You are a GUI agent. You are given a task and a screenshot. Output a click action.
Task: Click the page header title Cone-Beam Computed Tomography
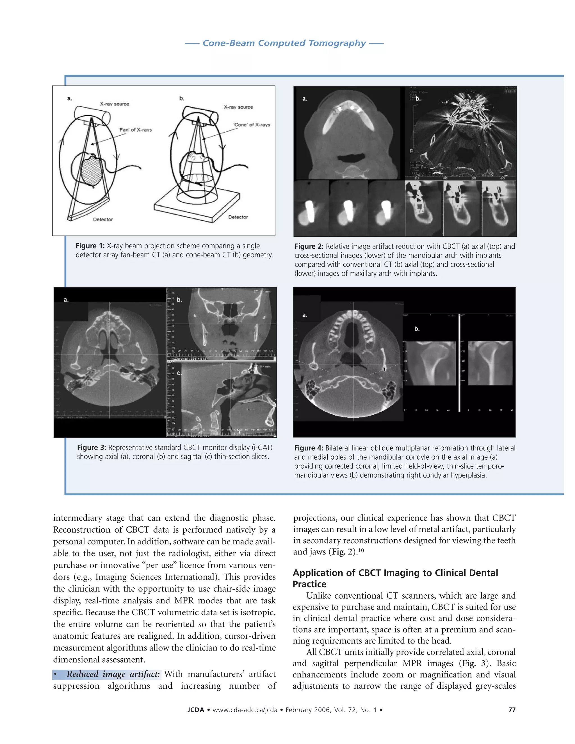pyautogui.click(x=284, y=43)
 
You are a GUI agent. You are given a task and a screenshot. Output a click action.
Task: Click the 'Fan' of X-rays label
pyautogui.click(x=135, y=130)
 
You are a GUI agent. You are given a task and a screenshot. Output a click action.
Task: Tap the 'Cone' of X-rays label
pyautogui.click(x=252, y=125)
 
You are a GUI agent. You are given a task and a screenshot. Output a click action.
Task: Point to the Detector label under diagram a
pyautogui.click(x=103, y=219)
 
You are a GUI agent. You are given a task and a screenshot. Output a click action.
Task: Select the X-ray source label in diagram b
pyautogui.click(x=238, y=107)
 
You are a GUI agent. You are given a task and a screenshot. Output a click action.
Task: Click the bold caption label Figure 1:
pyautogui.click(x=90, y=246)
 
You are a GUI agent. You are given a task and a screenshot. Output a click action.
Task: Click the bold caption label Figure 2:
pyautogui.click(x=309, y=246)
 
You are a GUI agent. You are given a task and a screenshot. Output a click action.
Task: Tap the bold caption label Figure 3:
pyautogui.click(x=91, y=448)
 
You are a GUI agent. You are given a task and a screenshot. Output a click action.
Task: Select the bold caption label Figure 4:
pyautogui.click(x=309, y=448)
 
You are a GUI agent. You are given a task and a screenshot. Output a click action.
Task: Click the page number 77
pyautogui.click(x=512, y=709)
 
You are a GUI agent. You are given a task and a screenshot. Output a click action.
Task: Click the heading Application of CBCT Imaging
pyautogui.click(x=395, y=573)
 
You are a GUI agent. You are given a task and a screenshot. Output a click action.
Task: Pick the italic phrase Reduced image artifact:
pyautogui.click(x=113, y=674)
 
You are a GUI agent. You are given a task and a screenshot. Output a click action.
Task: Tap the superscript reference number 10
pyautogui.click(x=361, y=550)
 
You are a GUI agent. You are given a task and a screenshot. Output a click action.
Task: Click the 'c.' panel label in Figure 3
pyautogui.click(x=179, y=373)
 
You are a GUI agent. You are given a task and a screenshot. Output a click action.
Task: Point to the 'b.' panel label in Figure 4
pyautogui.click(x=417, y=329)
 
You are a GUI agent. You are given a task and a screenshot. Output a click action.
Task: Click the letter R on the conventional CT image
pyautogui.click(x=412, y=151)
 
